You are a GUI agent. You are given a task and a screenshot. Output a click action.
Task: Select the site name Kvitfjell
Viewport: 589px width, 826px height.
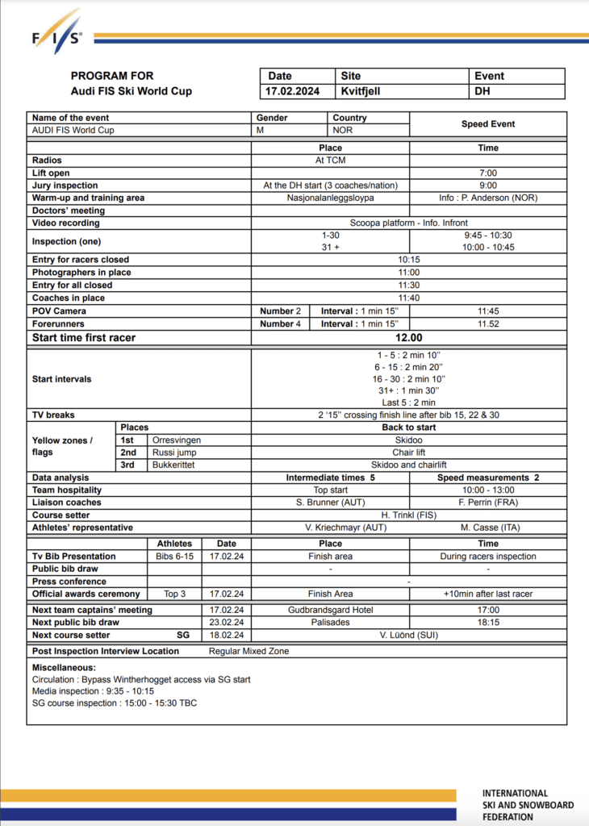[x=361, y=91]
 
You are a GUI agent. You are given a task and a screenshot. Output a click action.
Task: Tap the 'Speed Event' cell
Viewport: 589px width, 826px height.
[x=488, y=124]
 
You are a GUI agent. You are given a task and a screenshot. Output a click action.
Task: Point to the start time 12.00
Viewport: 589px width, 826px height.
[x=408, y=338]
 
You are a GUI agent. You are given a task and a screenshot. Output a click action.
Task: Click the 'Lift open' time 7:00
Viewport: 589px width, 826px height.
[x=488, y=173]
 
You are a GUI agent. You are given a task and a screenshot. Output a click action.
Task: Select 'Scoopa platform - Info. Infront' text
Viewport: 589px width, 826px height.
[x=408, y=223]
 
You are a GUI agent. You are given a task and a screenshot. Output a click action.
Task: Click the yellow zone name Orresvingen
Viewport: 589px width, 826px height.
[x=177, y=440]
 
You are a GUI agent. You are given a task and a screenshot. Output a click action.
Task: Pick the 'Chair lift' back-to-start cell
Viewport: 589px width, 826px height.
[x=408, y=453]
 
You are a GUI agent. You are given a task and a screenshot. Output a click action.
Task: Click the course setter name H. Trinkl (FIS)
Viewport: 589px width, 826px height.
[x=408, y=515]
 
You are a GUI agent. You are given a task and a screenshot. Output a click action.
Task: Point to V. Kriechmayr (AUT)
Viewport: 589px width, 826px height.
[x=330, y=528]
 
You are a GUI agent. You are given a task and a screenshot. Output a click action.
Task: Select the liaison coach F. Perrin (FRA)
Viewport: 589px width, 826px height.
[x=488, y=503]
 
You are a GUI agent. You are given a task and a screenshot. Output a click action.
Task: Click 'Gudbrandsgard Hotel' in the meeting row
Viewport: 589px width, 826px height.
[x=330, y=611]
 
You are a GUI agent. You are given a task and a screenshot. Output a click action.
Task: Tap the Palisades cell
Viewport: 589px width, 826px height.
[x=330, y=623]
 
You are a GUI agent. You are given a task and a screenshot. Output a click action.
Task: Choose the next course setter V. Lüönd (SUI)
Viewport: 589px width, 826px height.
[x=408, y=636]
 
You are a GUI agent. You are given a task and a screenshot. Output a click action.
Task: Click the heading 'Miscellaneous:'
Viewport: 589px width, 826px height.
[x=64, y=668]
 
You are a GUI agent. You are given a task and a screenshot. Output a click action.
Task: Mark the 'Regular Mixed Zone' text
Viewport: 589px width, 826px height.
[x=247, y=651]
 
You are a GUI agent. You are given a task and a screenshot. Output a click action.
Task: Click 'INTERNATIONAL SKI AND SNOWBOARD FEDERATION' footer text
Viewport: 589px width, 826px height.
[x=528, y=804]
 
